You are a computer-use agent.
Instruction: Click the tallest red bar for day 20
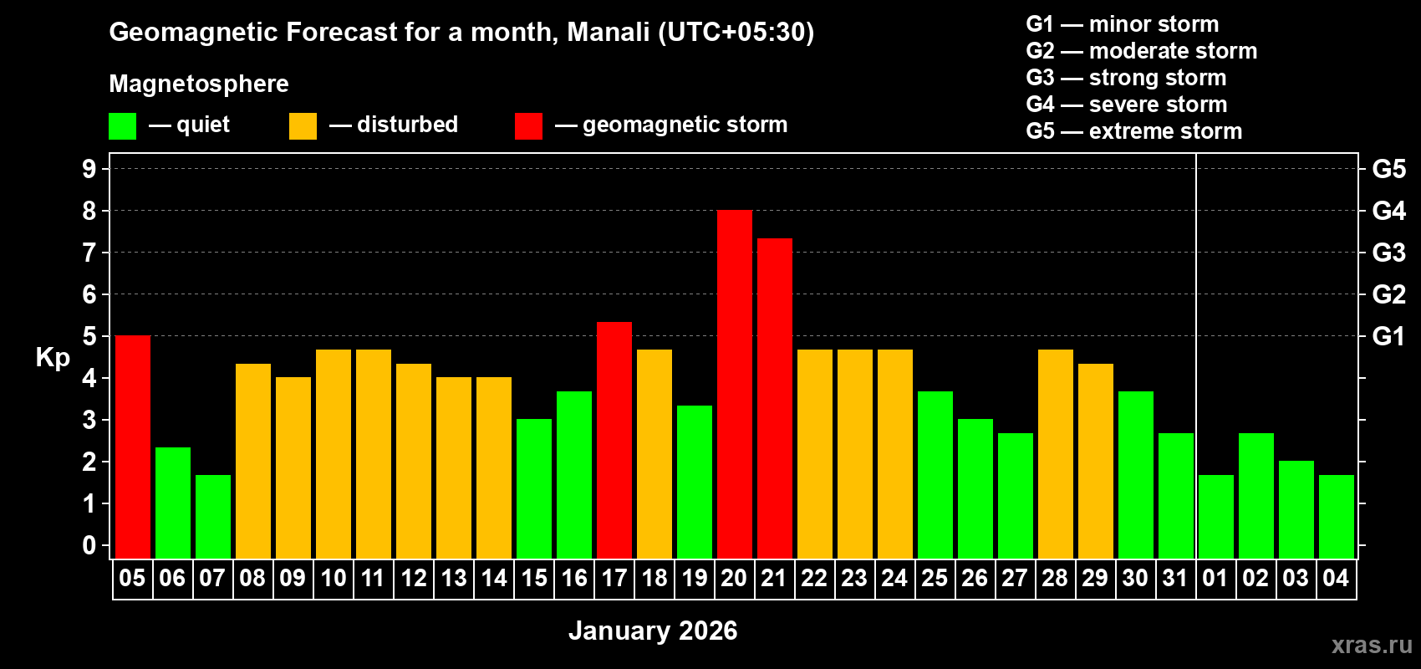tap(734, 384)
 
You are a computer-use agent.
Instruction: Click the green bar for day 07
tap(212, 516)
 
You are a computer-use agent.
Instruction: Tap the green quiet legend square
tap(122, 126)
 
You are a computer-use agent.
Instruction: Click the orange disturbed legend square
tap(303, 126)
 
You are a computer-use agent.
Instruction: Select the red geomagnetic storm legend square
tap(528, 126)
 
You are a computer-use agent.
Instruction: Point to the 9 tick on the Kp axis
tap(89, 169)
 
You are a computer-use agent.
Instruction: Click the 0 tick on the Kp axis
tap(89, 545)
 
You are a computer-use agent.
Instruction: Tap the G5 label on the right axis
tap(1388, 169)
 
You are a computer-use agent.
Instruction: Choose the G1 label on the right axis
tap(1388, 336)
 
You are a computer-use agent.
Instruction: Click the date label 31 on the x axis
tap(1175, 578)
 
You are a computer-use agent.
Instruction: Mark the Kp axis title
tap(53, 357)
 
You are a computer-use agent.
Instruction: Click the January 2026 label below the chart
tap(653, 631)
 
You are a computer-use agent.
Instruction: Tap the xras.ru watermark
tap(1372, 644)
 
